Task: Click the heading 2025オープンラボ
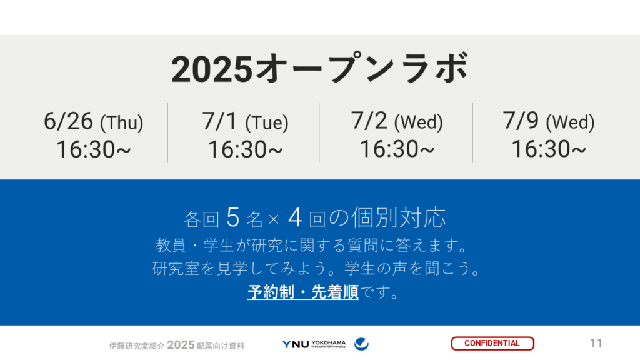(320, 69)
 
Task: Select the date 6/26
(68, 121)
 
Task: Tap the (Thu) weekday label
(122, 123)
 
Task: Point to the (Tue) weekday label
(267, 123)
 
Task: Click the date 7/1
(219, 121)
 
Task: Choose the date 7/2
(369, 121)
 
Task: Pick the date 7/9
(521, 121)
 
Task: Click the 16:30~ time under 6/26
(94, 149)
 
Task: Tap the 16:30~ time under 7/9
(549, 149)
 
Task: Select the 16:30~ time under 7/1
(245, 149)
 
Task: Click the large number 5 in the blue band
(232, 217)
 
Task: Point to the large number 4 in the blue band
(295, 217)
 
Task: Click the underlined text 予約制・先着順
(303, 292)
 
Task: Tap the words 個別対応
(399, 217)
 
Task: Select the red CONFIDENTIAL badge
(492, 343)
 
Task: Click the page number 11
(596, 344)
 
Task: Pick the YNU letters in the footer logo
(296, 344)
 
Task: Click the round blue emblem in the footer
(361, 344)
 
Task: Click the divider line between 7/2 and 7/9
(472, 132)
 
